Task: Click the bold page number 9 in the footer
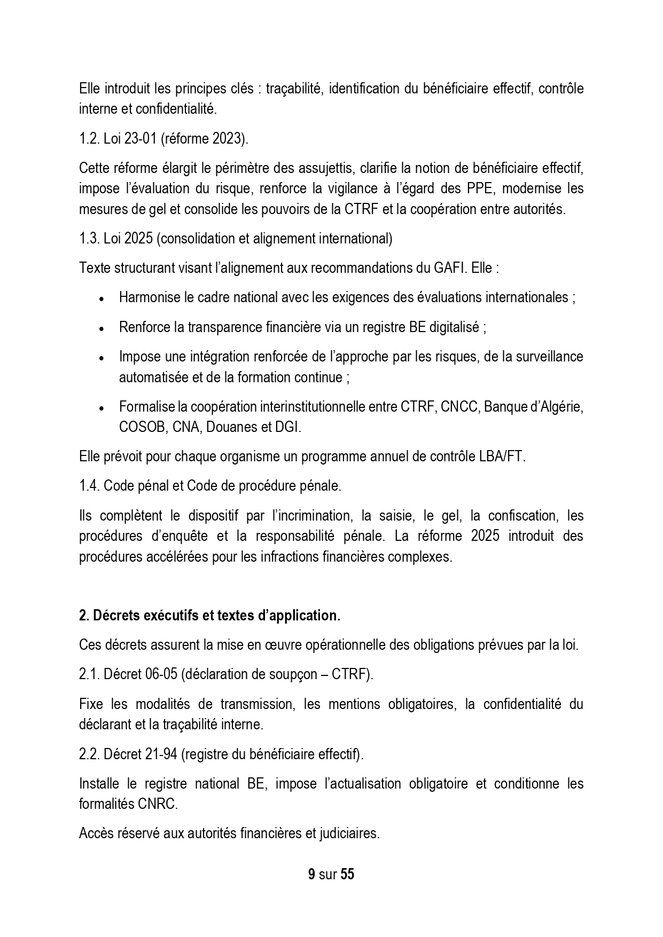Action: (x=311, y=875)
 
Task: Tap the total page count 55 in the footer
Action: (x=347, y=875)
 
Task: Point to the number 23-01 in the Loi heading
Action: (x=140, y=139)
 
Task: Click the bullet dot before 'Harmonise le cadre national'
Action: (x=102, y=298)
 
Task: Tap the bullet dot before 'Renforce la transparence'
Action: (x=102, y=328)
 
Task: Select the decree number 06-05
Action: (x=160, y=674)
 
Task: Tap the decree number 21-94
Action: (x=160, y=754)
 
